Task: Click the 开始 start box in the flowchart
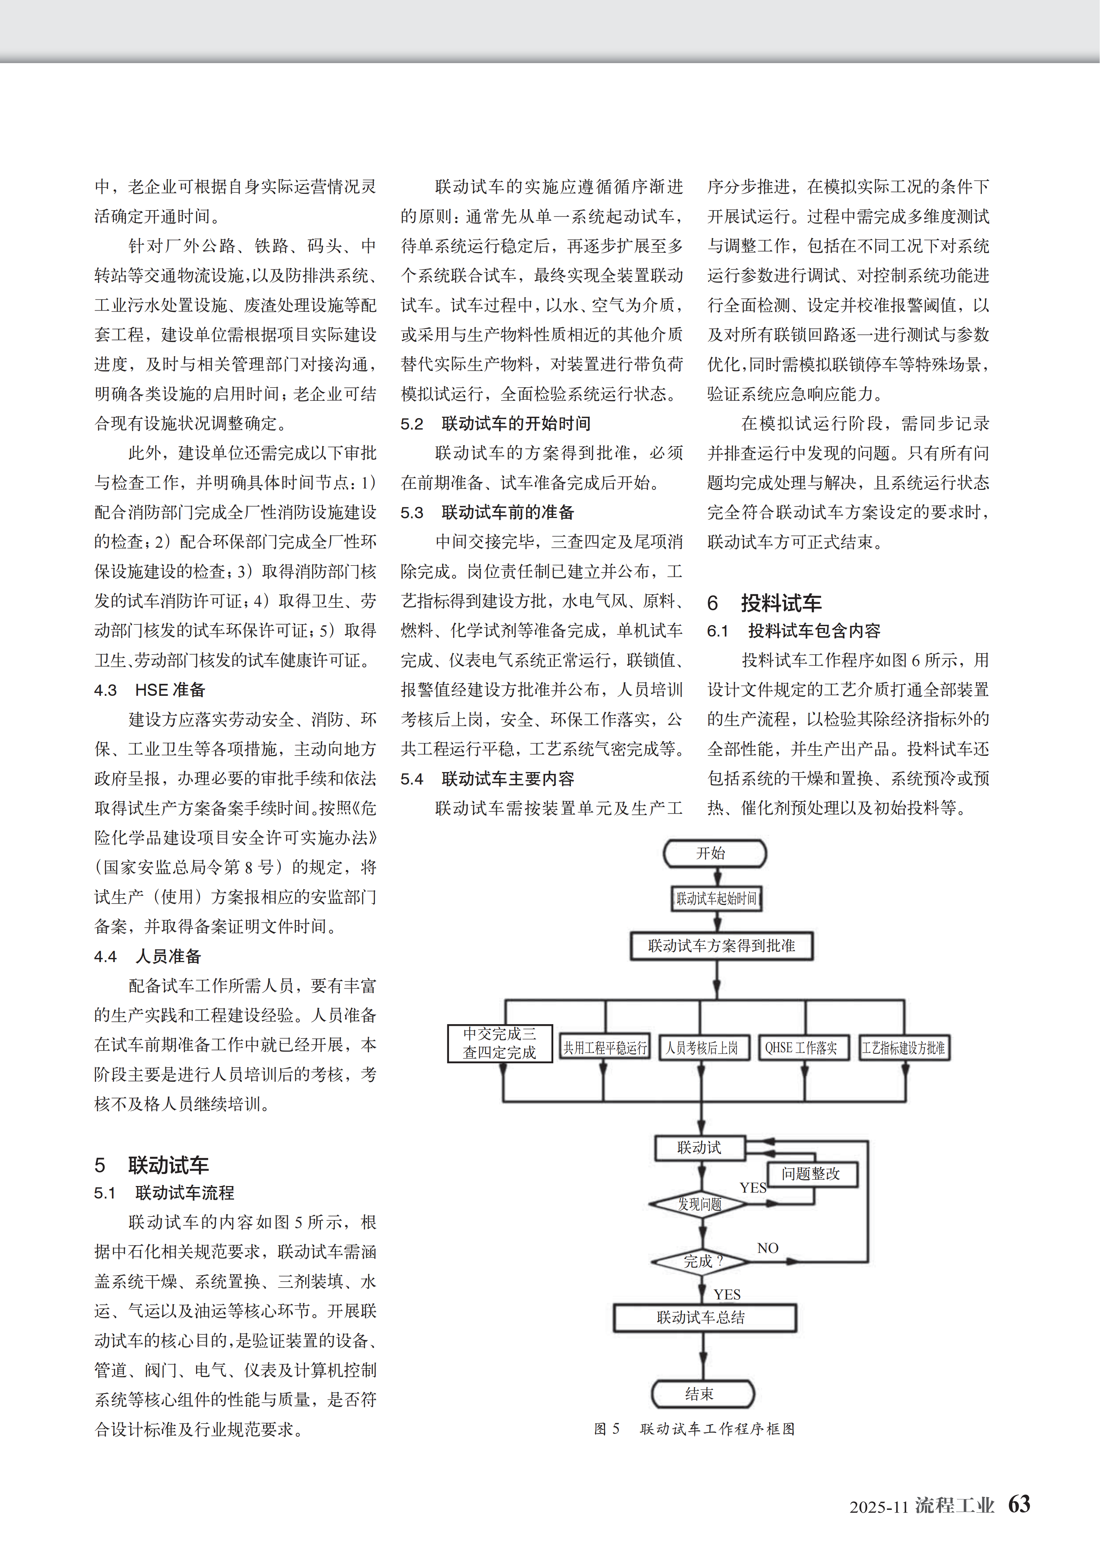714,853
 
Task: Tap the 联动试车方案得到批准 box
721,945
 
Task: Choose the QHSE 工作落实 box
802,1048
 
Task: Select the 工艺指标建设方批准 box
904,1048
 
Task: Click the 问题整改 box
811,1174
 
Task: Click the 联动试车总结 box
704,1317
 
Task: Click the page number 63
1019,1504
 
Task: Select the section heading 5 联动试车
152,1165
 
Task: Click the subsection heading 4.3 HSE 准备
150,690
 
